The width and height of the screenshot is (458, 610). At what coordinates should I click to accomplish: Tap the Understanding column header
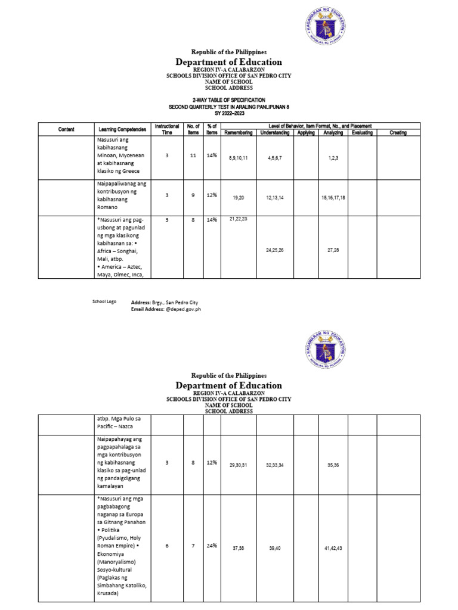(275, 132)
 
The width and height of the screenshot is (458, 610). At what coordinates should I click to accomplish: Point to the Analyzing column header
(333, 132)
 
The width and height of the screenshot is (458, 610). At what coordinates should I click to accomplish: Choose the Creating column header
(398, 132)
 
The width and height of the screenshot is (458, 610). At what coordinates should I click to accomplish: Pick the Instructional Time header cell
(167, 129)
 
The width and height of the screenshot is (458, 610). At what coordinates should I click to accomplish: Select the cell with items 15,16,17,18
(333, 197)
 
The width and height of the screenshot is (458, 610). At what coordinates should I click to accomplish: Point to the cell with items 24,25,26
(275, 250)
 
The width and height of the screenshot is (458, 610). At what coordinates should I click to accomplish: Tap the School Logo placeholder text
(104, 302)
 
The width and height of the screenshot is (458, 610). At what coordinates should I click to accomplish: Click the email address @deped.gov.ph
(165, 310)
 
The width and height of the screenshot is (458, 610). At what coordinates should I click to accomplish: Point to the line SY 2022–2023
(228, 113)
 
